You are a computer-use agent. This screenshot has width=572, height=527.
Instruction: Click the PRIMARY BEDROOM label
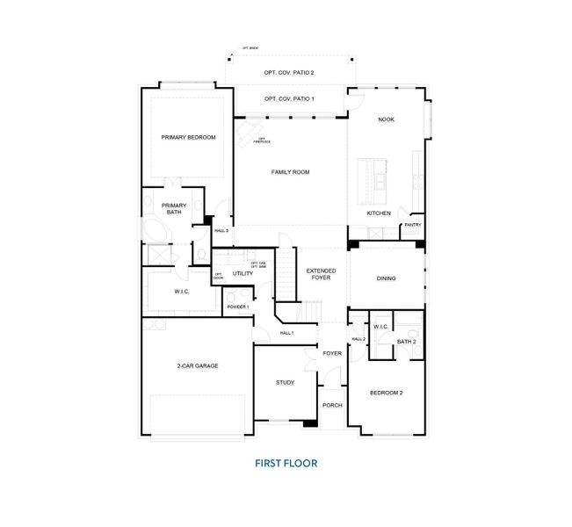click(188, 138)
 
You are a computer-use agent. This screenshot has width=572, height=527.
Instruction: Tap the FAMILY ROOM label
click(290, 172)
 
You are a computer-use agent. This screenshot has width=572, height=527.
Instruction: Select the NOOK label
click(385, 119)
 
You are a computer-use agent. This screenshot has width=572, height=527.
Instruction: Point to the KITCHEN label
click(379, 213)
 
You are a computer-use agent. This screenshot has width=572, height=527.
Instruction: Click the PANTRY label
click(412, 225)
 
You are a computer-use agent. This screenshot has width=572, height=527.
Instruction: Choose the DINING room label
click(386, 278)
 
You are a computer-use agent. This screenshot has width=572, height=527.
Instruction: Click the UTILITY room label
click(243, 274)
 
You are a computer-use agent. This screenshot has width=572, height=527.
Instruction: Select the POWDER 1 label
click(237, 307)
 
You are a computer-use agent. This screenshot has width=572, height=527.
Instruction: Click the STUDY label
click(285, 382)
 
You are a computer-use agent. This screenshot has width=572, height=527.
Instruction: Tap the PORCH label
click(331, 405)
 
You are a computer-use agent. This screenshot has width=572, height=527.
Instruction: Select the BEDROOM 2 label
click(386, 393)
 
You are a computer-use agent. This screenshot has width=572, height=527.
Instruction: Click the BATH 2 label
click(406, 341)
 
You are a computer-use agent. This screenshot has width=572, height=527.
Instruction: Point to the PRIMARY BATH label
click(174, 209)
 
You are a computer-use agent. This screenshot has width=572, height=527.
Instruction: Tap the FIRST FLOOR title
click(286, 462)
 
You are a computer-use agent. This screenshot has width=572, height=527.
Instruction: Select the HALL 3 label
click(221, 231)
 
